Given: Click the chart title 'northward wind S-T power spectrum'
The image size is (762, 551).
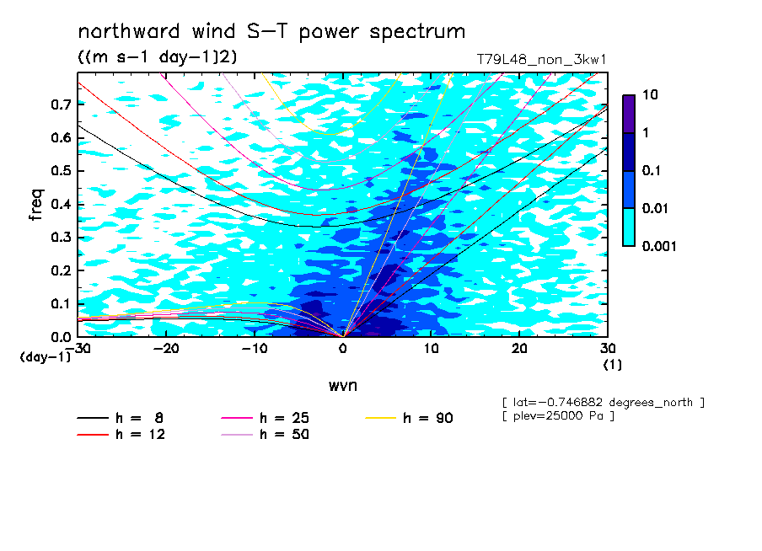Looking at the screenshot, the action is coord(271,32).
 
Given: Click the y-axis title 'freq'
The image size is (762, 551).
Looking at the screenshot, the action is coord(36,205).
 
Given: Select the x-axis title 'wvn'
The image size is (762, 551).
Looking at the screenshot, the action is coord(343,386).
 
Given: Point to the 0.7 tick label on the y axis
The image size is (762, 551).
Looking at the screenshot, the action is coord(61,104).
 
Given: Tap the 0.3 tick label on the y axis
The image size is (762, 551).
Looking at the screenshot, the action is coord(61,237).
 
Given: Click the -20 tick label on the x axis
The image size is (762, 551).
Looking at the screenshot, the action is coord(166,349).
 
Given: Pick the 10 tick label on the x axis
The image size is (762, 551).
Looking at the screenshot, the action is coord(431,349).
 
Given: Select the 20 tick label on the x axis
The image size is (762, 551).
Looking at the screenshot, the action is coord(519,349).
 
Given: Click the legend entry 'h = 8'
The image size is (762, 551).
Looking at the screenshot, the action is coord(120,418).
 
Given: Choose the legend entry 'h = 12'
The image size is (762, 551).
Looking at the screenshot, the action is coord(121,434).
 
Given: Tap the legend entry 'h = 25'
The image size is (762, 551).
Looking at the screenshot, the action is coord(265,418).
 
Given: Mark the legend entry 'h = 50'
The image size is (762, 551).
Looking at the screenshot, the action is coord(265,434).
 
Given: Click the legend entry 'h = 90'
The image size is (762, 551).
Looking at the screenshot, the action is coord(409,418).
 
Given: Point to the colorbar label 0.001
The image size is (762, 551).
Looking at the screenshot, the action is coord(659,246).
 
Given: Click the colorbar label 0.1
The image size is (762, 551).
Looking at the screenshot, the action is coord(651,170).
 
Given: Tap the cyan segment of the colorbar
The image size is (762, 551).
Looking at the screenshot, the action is coord(628,227).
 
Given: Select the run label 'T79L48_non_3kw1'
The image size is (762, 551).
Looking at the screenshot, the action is coord(541,60).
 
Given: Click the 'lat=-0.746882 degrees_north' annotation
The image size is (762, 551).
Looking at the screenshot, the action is coord(603,403).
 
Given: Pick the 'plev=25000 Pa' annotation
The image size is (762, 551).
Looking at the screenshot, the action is coord(558,416).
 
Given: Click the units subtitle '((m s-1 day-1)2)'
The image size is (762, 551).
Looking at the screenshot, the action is coord(158,57).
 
